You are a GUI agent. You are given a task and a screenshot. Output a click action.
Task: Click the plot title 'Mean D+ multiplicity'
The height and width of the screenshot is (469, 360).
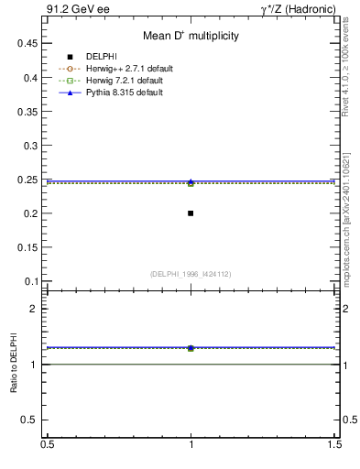[x=191, y=36]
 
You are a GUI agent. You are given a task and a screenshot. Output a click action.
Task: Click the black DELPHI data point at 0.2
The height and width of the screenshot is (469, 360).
[x=191, y=213]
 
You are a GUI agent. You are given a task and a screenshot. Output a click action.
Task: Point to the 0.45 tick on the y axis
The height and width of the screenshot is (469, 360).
[x=30, y=43]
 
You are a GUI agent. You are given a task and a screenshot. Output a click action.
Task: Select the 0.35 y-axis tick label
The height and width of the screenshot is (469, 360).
[x=30, y=111]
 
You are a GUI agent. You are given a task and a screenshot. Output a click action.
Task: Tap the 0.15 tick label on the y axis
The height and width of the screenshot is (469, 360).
[x=30, y=247]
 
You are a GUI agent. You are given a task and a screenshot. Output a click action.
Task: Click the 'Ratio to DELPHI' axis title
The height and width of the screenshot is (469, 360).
[x=14, y=364]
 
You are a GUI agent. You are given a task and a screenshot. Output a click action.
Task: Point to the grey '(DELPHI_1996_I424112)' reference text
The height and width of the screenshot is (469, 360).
[x=191, y=273]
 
